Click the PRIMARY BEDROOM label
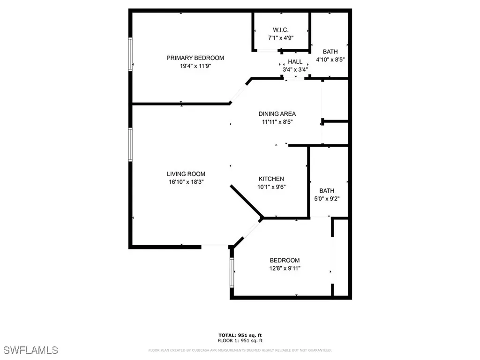195,58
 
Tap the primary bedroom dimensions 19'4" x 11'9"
195,67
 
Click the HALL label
295,62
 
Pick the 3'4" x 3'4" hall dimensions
295,70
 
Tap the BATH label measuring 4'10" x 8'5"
330,52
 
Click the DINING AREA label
277,114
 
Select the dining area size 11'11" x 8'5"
277,122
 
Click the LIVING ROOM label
186,174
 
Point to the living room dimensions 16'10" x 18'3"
186,182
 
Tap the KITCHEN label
271,179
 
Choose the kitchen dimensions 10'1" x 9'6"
271,187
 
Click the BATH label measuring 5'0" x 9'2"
327,191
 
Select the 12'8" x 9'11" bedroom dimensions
284,269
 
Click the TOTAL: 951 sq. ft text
240,335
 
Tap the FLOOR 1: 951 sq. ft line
240,340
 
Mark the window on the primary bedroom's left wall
131,54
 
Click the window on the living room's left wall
131,145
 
